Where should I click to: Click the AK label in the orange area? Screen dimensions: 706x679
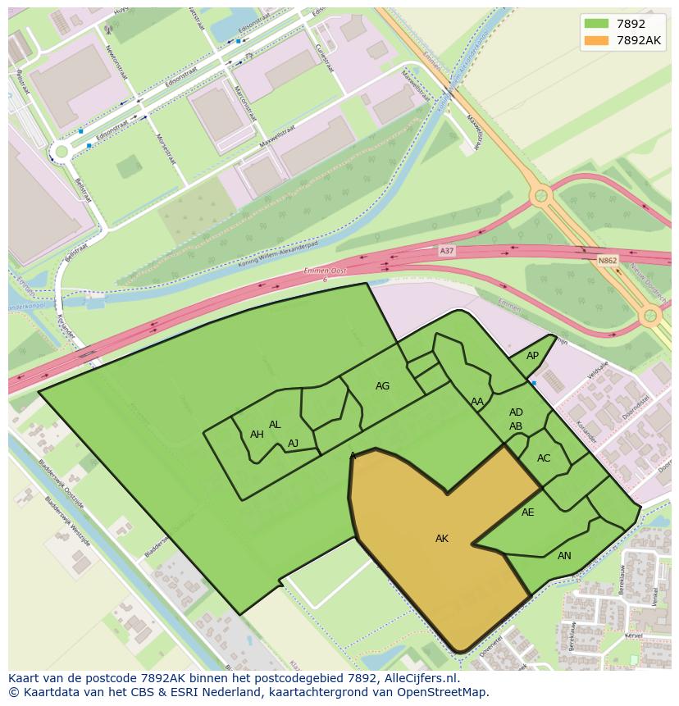click(441, 539)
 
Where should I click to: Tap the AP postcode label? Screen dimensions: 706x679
click(532, 356)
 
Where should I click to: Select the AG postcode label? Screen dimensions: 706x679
click(382, 386)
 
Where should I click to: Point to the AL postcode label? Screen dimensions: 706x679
click(275, 425)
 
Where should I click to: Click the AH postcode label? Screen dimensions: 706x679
click(257, 435)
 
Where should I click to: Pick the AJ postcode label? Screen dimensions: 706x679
click(293, 444)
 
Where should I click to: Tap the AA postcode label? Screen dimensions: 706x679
click(477, 402)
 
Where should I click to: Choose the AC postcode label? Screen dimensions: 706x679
click(544, 458)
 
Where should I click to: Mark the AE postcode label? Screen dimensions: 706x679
click(527, 512)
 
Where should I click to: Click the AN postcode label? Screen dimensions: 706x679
click(564, 556)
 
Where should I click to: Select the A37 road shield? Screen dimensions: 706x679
click(446, 251)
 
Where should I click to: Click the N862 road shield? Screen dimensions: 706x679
click(607, 261)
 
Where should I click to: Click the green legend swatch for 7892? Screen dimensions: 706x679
click(596, 23)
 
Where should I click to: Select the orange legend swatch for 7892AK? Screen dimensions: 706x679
click(596, 39)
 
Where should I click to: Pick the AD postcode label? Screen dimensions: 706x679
click(516, 412)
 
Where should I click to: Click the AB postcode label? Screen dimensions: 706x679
click(516, 426)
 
